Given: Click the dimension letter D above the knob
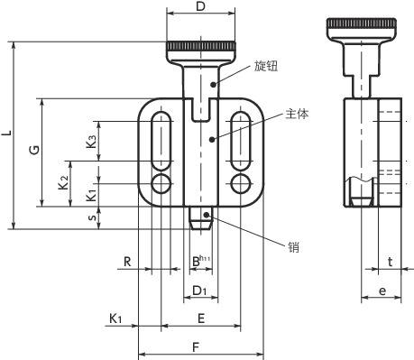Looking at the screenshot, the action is pyautogui.click(x=200, y=6).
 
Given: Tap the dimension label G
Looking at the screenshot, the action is pyautogui.click(x=34, y=150).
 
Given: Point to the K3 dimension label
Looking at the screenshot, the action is pyautogui.click(x=91, y=142).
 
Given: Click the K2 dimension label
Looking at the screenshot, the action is pyautogui.click(x=64, y=182).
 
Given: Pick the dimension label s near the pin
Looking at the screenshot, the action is pyautogui.click(x=94, y=217).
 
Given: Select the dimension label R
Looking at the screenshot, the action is pyautogui.click(x=127, y=262).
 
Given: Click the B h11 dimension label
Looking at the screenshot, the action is pyautogui.click(x=201, y=261).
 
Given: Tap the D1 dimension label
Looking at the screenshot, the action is pyautogui.click(x=199, y=291).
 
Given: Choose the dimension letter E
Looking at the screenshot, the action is pyautogui.click(x=201, y=318).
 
